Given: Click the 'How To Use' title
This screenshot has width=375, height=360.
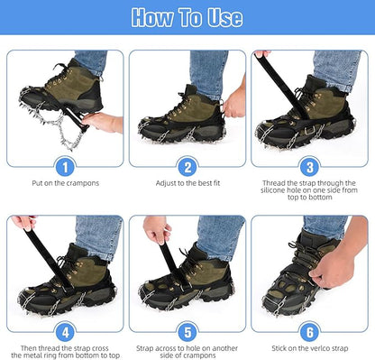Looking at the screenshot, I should tap(187, 17).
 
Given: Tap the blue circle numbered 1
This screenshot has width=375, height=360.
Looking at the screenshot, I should tap(65, 166).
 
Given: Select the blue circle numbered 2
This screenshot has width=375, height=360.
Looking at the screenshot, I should tap(187, 166).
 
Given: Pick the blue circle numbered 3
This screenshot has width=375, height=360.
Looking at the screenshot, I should tap(309, 166).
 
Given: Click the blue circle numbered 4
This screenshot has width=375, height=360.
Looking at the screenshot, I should tap(65, 330).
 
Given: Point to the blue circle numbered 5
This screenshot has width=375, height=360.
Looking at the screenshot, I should tap(187, 330).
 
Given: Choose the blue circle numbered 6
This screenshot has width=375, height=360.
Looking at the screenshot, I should tap(309, 330).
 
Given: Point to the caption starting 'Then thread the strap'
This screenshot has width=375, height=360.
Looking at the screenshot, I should tap(65, 351).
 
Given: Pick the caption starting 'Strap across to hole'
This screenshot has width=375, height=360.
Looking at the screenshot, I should tap(187, 351).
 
